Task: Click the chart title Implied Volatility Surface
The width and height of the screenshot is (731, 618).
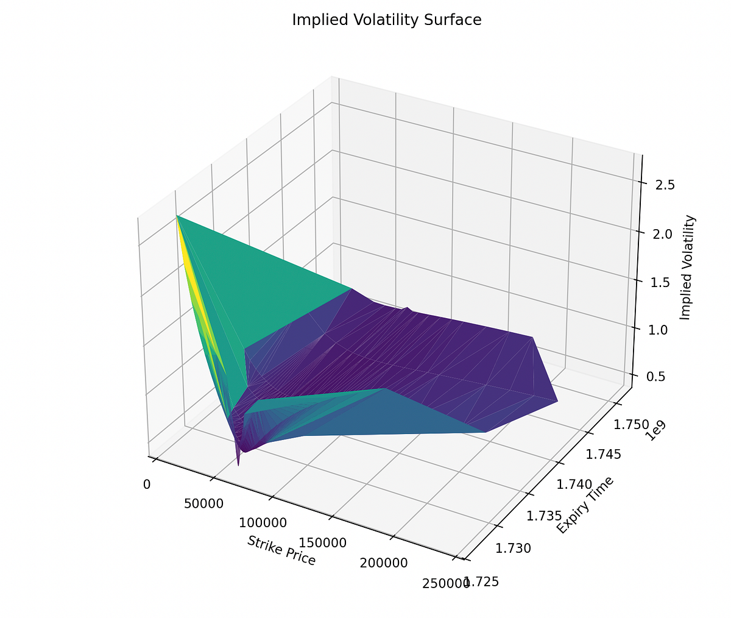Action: [386, 20]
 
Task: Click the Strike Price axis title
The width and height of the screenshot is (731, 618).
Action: [281, 550]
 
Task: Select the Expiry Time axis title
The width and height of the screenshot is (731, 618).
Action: [585, 505]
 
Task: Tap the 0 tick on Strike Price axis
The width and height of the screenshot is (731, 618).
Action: [147, 485]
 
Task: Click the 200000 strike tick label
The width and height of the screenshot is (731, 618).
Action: [384, 563]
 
